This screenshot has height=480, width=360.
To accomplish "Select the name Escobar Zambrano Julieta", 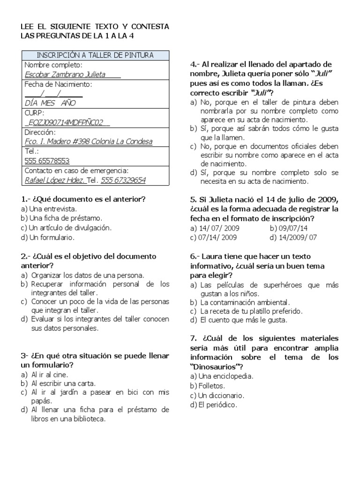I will [65, 75].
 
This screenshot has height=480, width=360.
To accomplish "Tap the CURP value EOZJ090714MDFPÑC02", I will [67, 122].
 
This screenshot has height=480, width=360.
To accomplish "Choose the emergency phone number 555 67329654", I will [123, 180].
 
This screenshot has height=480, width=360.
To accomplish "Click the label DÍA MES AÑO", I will [50, 103].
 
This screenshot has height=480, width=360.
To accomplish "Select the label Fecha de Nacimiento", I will [58, 84].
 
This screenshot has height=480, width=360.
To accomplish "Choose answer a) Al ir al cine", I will [45, 375].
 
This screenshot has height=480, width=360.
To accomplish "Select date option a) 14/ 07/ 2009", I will [213, 228].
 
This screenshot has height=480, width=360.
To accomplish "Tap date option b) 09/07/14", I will [290, 228].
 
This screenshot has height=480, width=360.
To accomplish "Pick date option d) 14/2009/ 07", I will [294, 237].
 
